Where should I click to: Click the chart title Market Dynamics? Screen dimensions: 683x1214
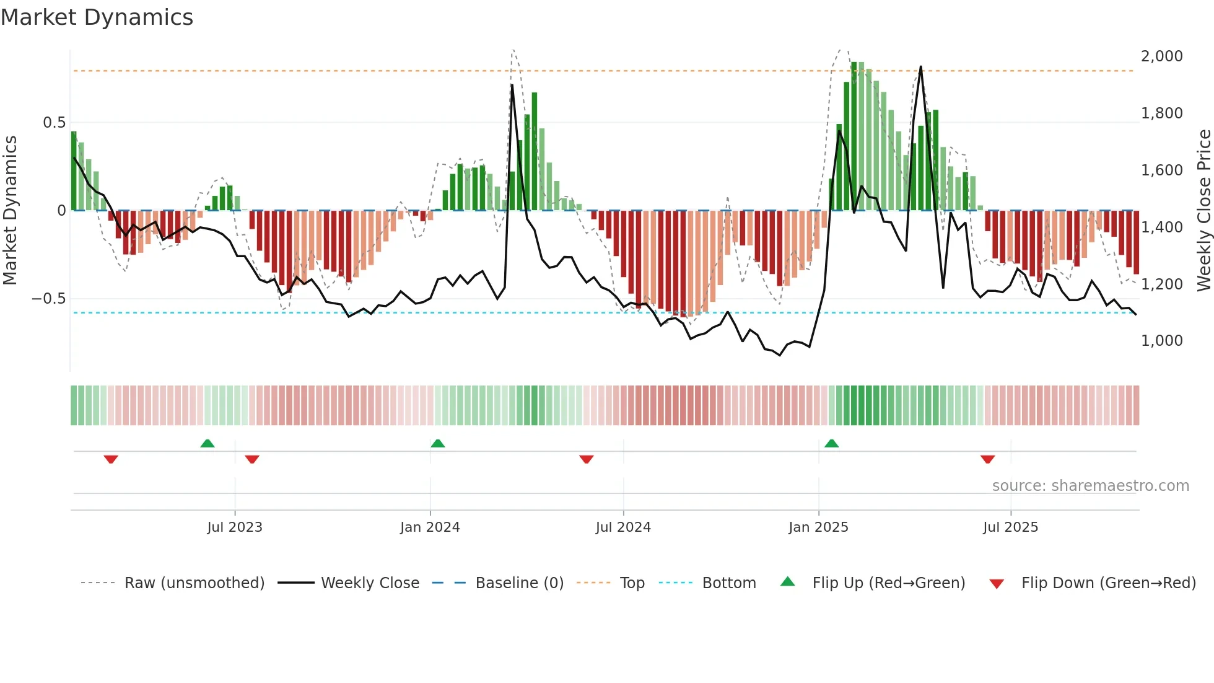[x=97, y=17]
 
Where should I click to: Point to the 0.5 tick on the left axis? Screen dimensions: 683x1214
[x=54, y=123]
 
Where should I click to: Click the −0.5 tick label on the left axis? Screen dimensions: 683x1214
[x=49, y=299]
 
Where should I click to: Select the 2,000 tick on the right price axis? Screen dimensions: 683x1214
[x=1161, y=56]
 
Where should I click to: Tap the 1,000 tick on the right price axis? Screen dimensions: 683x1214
[x=1161, y=341]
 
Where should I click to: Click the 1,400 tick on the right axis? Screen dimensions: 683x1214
[x=1161, y=227]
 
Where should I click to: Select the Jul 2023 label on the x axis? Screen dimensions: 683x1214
[x=235, y=527]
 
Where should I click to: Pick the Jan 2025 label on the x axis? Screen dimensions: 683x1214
[x=818, y=527]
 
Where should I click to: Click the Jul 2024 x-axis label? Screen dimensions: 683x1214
[x=623, y=527]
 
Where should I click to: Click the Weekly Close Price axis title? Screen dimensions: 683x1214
[x=1203, y=211]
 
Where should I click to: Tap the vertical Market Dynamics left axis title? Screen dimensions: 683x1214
[x=10, y=211]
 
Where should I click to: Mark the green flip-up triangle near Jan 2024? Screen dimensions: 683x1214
[x=438, y=443]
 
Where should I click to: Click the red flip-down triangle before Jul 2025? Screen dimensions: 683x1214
[x=988, y=459]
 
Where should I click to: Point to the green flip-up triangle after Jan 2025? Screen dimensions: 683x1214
[x=832, y=443]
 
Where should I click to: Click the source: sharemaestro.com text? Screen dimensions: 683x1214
[x=1090, y=486]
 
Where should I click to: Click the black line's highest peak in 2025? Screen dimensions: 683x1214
[x=920, y=67]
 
